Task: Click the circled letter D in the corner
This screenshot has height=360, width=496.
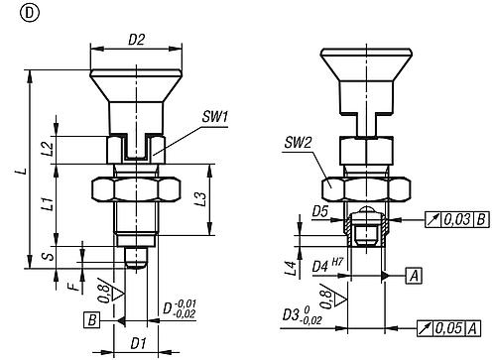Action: pos(12,12)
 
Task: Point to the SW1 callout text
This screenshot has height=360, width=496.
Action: pos(214,116)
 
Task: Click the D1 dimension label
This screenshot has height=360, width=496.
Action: pos(138,344)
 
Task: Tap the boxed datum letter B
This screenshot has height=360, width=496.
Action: pos(91,320)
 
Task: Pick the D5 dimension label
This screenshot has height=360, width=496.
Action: pos(319,211)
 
